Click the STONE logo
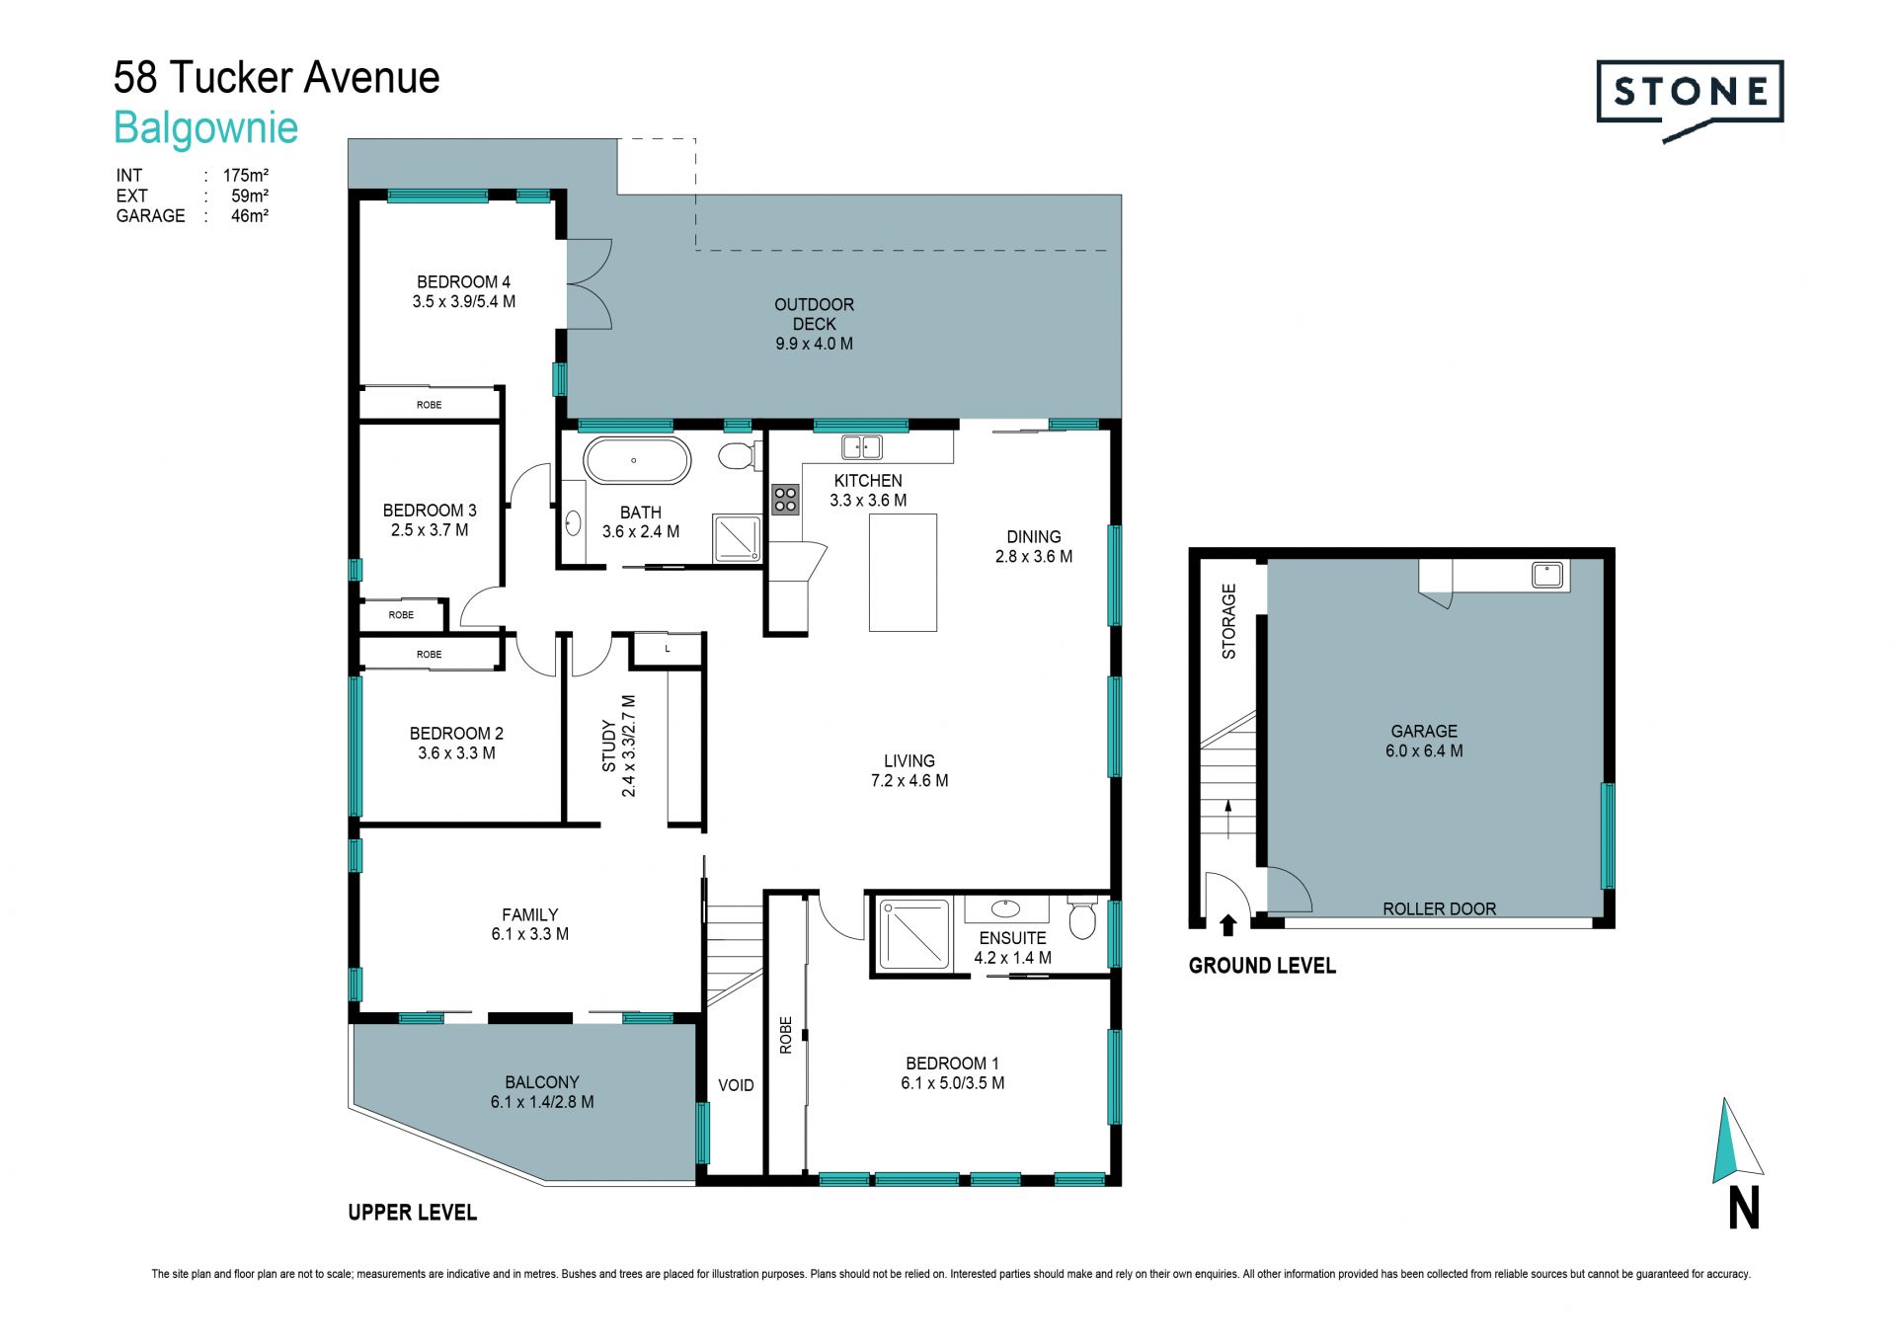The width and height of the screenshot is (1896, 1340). tap(1690, 100)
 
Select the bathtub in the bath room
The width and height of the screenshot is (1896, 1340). tap(636, 460)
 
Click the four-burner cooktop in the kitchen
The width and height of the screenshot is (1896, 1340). tap(785, 499)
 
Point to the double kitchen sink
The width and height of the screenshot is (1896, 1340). tap(862, 447)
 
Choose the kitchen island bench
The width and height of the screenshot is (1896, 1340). tap(903, 573)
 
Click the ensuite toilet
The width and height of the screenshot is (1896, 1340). tap(1082, 917)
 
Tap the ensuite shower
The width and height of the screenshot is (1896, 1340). tap(913, 933)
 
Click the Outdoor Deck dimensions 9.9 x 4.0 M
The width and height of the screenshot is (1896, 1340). tap(814, 344)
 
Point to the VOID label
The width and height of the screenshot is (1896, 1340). tap(736, 1085)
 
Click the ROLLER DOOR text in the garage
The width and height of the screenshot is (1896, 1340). tap(1439, 908)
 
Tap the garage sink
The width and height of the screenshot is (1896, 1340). tap(1547, 575)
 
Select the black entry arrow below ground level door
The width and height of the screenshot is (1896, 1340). tap(1227, 924)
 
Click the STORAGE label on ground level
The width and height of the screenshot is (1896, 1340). tap(1228, 621)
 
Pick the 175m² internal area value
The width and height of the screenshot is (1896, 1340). tap(246, 175)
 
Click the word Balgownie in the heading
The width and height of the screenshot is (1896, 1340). tap(205, 127)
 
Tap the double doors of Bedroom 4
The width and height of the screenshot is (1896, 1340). tap(590, 284)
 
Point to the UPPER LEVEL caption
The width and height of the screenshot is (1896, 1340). tap(412, 1213)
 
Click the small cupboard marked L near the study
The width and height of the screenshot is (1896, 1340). tap(667, 649)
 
